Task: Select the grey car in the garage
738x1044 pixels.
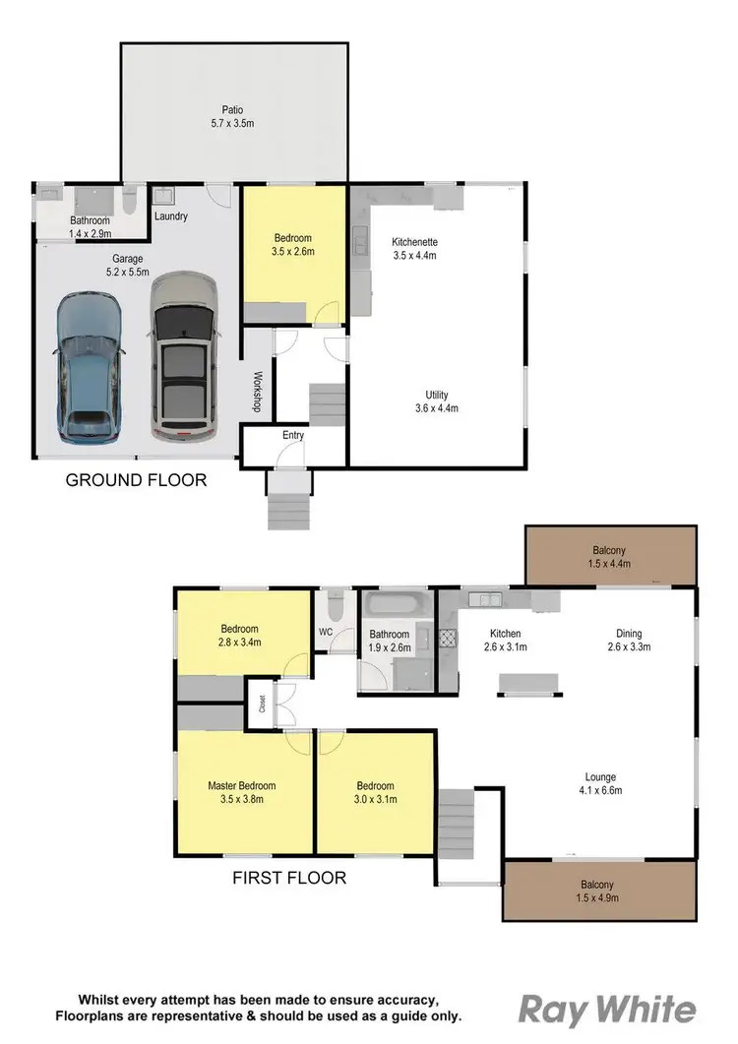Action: (184, 356)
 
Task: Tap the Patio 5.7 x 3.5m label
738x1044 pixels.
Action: (232, 117)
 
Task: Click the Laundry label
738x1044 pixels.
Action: (171, 216)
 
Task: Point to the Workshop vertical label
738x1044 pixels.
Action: (257, 391)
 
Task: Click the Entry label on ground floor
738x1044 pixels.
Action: (293, 435)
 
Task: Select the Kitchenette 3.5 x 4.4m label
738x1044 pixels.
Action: (414, 248)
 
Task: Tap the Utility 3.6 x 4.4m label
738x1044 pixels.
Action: (436, 400)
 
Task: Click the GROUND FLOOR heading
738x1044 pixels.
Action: (136, 480)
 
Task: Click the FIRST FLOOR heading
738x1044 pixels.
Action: (289, 877)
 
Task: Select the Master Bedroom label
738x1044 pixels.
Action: (241, 792)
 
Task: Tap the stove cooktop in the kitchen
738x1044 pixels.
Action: (448, 638)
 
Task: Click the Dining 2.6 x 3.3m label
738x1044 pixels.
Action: (630, 640)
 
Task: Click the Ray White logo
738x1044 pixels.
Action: (607, 1011)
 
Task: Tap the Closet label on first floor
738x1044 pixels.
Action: (262, 704)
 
